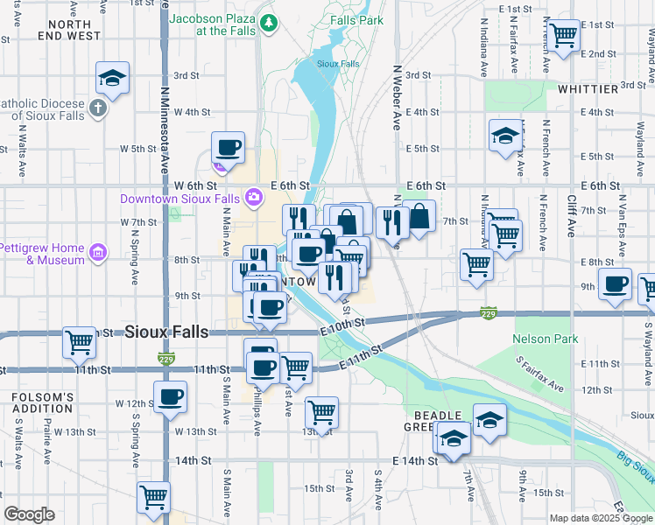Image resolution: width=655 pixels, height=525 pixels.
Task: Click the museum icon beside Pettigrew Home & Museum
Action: click(97, 254)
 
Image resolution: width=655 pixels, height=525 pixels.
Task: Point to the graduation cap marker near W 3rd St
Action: click(112, 78)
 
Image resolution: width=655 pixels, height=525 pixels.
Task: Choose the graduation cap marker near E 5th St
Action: click(504, 136)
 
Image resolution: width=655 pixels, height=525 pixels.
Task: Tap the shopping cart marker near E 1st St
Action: click(562, 35)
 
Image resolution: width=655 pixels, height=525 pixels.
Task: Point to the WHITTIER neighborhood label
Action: click(587, 89)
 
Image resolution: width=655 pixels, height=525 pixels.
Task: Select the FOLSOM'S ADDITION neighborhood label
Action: click(42, 403)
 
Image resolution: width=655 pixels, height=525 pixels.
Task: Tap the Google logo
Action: click(29, 515)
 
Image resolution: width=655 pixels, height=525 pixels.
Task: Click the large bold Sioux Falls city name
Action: click(166, 332)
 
